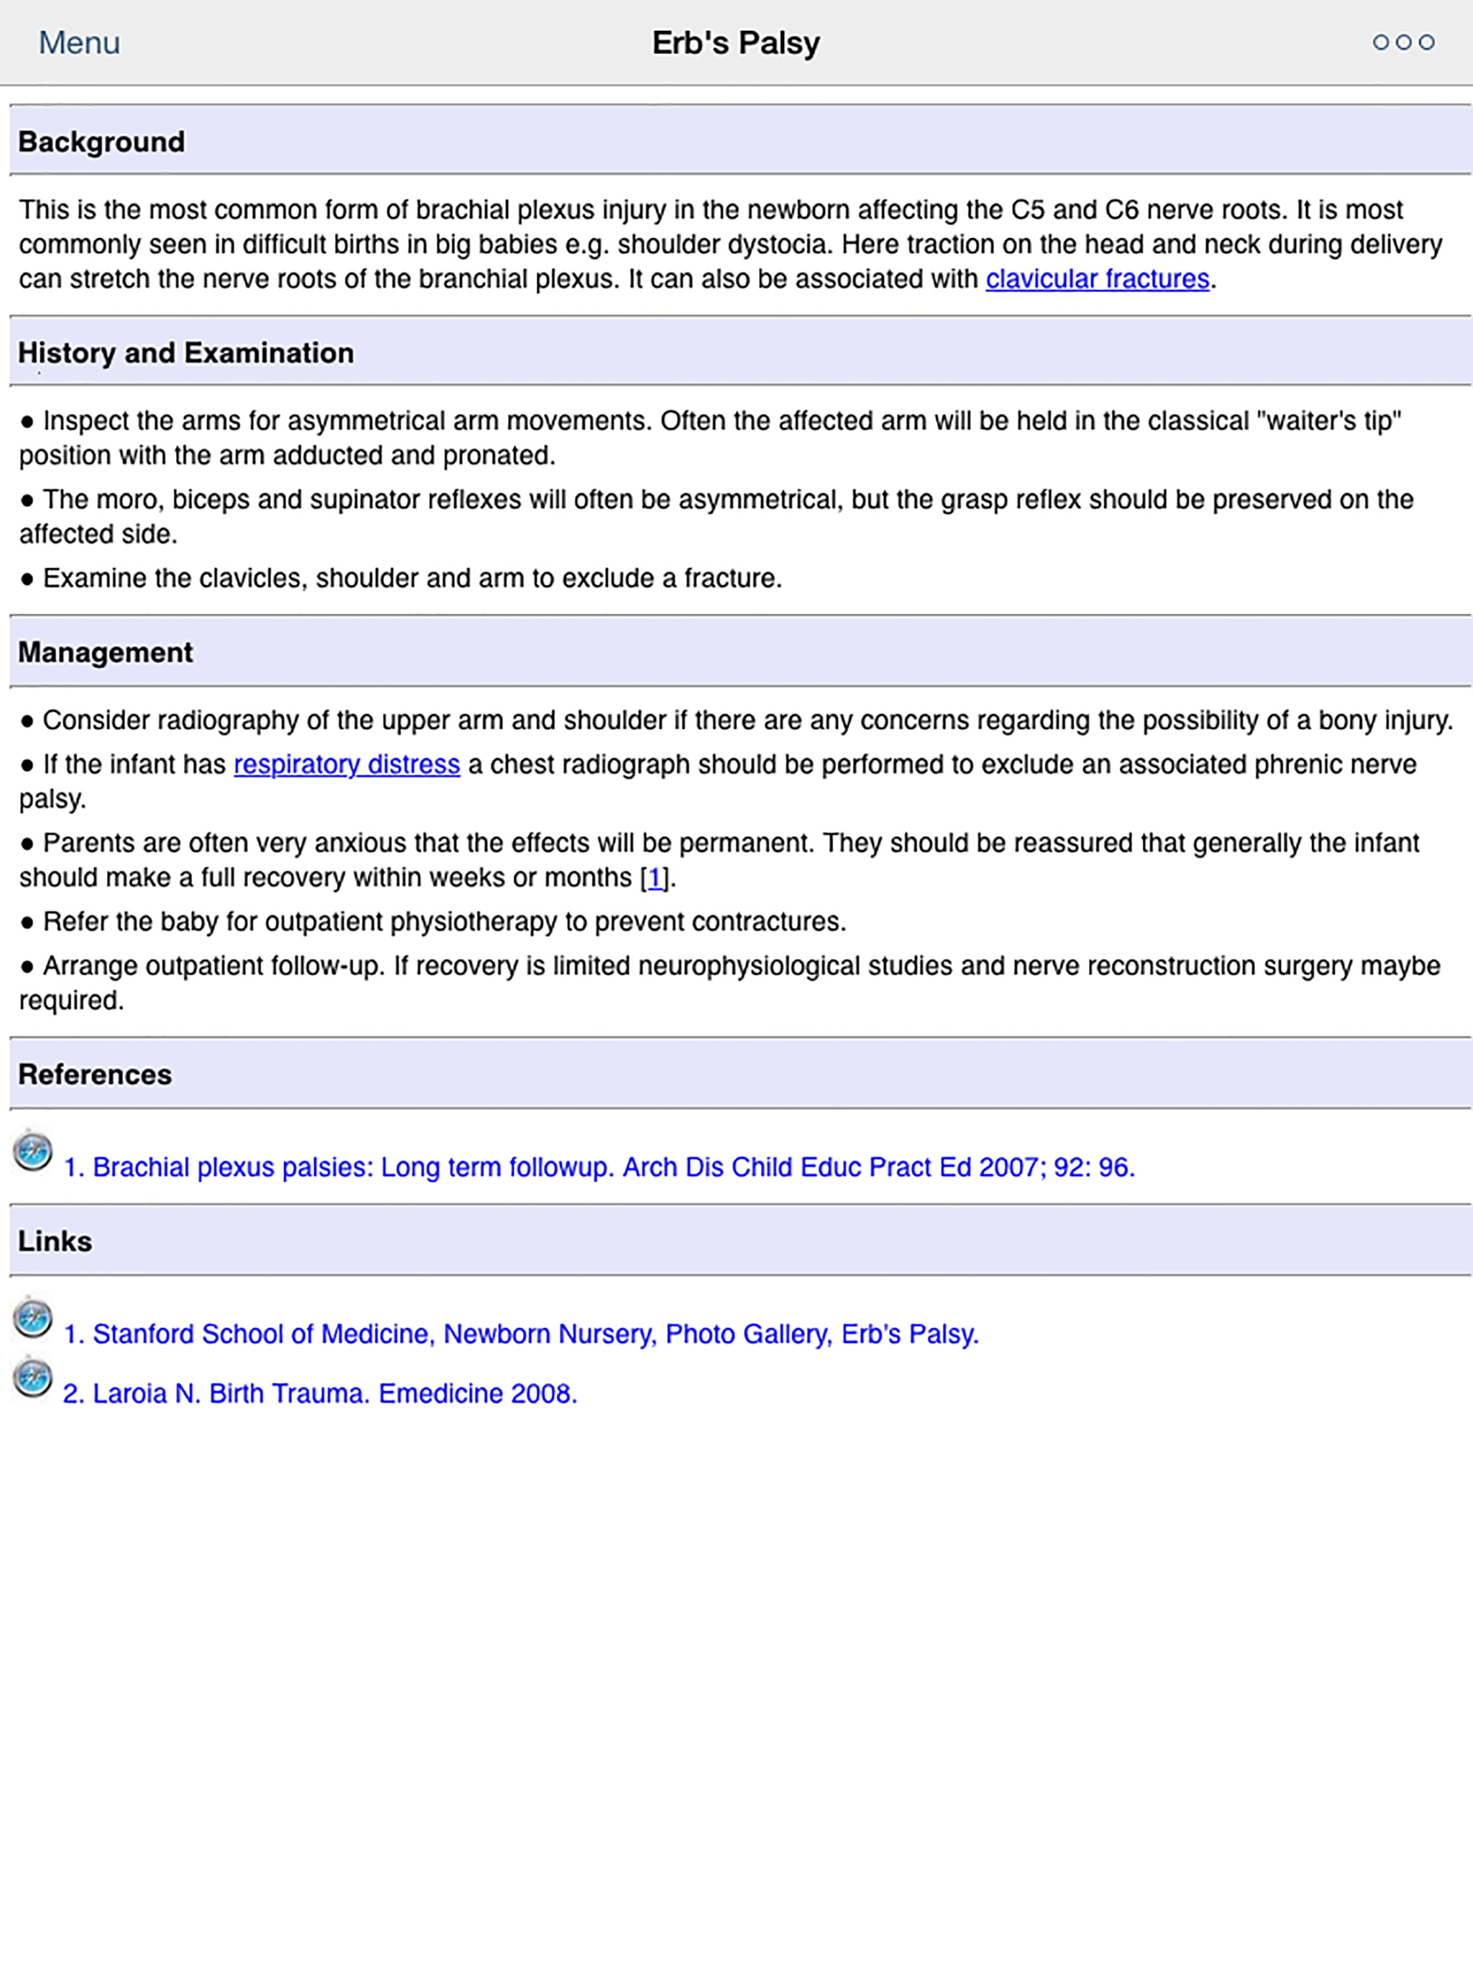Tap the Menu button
[x=79, y=42]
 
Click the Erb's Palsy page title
[x=736, y=42]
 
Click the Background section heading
[x=101, y=142]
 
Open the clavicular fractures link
[x=1098, y=279]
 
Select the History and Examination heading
[x=186, y=352]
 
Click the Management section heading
[x=105, y=652]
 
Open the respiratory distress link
[x=347, y=764]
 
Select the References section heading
[x=95, y=1074]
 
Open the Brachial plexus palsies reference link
[x=600, y=1167]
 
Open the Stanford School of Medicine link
[x=521, y=1333]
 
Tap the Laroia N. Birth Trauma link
[x=320, y=1393]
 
